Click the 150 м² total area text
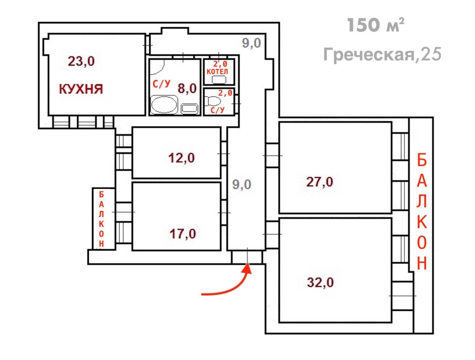point(375,25)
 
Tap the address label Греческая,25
point(382,55)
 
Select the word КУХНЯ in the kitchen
point(81,89)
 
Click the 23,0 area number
point(81,61)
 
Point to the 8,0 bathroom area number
point(187,88)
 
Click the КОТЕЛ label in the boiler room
point(217,71)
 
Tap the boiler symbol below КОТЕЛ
point(218,80)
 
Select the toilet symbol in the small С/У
point(213,101)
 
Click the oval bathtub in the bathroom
point(164,105)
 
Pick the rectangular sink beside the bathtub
point(190,109)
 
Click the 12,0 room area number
point(181,158)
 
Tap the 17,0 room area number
point(183,234)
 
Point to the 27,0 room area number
point(320,182)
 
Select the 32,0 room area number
point(320,282)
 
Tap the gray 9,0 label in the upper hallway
point(251,43)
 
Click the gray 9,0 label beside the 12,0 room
point(242,184)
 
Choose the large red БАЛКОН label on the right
point(422,211)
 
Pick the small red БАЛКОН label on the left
point(101,219)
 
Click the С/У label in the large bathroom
point(161,84)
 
